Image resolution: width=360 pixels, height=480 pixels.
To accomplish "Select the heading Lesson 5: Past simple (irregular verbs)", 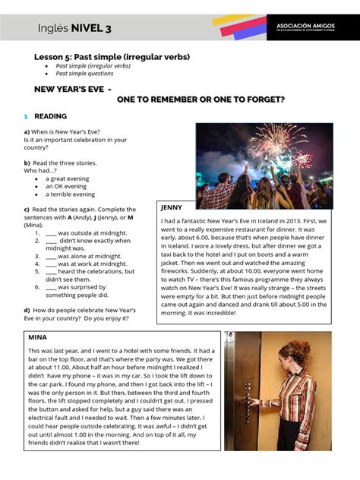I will click(112, 57).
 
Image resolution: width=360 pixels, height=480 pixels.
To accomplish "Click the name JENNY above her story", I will click(172, 207).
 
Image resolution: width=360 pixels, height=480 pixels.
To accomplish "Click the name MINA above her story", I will click(38, 336).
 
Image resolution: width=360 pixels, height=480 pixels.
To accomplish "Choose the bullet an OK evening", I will click(66, 186).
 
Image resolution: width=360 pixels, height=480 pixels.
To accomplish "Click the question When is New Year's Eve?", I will click(66, 131).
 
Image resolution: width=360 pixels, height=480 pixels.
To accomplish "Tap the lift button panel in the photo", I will click(247, 399).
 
